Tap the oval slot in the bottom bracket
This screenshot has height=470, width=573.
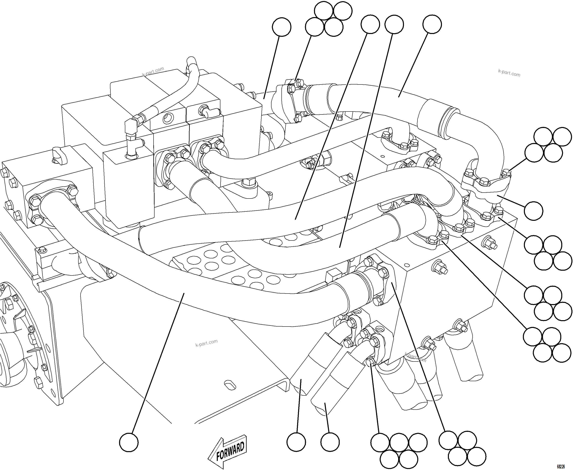coord(230,386)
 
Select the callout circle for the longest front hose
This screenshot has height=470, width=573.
coord(129,442)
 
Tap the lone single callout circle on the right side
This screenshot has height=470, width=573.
coord(533,211)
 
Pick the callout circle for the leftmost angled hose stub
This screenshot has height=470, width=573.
coord(296,442)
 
